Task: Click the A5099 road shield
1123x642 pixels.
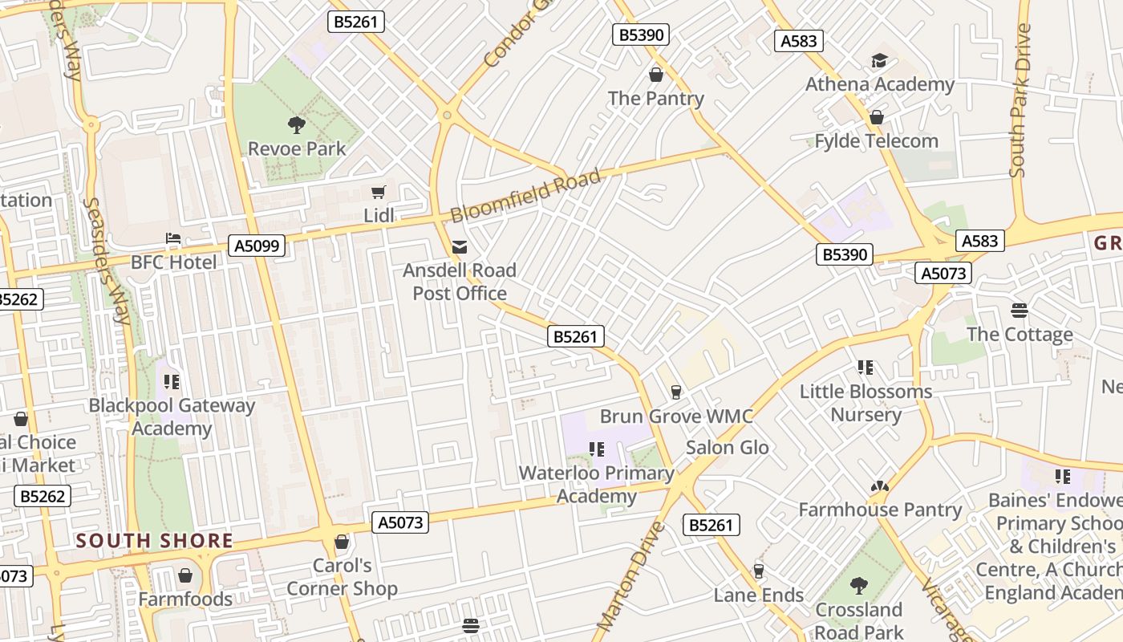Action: [x=257, y=246]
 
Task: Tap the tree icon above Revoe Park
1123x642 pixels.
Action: [x=297, y=124]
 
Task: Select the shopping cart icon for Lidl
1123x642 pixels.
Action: [x=379, y=192]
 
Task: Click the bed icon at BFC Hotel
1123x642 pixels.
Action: [x=172, y=238]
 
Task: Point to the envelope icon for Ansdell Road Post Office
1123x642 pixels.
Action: [x=460, y=246]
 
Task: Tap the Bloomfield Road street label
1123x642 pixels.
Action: [x=525, y=196]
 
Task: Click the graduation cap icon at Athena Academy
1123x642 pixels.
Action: [x=880, y=61]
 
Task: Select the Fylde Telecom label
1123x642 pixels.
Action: [x=876, y=141]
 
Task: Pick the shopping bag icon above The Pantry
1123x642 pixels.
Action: [x=656, y=75]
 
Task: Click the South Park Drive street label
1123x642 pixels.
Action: [x=1020, y=100]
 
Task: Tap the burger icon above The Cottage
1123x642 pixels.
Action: [x=1020, y=310]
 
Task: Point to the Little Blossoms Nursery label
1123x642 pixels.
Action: [x=866, y=403]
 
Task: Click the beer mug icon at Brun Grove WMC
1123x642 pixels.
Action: [x=676, y=392]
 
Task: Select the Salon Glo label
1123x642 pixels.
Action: [x=727, y=448]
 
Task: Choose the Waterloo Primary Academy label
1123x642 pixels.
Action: [x=596, y=485]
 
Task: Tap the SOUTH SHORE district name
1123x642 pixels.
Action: [x=154, y=541]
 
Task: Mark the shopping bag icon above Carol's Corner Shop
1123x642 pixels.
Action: [x=342, y=542]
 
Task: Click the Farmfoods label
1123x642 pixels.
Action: [x=185, y=599]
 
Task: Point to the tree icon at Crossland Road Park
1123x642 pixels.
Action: [x=859, y=585]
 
